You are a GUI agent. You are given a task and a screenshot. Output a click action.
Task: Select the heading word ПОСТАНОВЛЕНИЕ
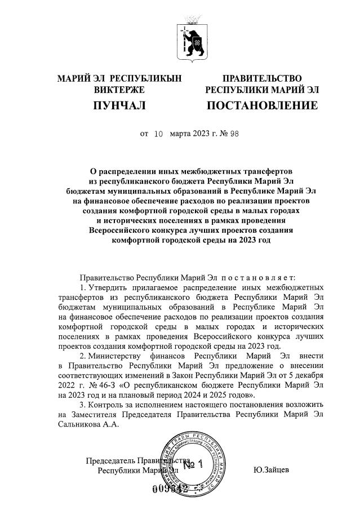pos(262,105)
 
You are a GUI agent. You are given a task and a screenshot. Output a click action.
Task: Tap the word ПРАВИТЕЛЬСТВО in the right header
pos(262,78)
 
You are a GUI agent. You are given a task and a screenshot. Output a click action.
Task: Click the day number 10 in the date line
pos(158,134)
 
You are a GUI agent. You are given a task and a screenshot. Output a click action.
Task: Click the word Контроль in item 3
pos(108,405)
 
